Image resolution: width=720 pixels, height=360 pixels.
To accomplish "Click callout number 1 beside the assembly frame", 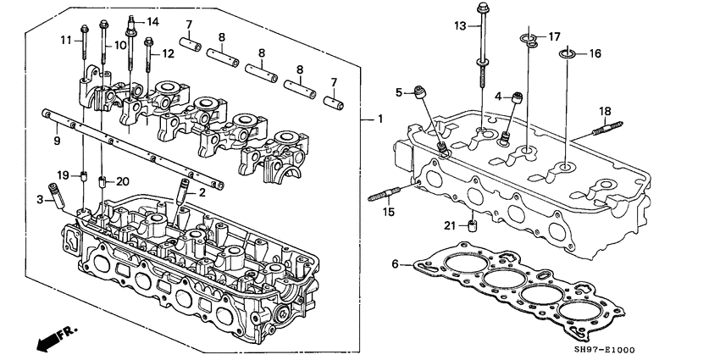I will tap(380, 119).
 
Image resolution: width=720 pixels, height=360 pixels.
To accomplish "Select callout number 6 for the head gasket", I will tap(395, 265).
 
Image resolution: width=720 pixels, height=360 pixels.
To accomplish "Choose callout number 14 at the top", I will tap(152, 21).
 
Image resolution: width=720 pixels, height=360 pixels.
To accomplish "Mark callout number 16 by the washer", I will tap(595, 54).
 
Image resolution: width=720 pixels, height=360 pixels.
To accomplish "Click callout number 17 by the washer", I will tap(554, 36).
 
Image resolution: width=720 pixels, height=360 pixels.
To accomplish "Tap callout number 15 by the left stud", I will tap(388, 211).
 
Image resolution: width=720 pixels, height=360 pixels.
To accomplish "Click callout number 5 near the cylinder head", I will tap(398, 91).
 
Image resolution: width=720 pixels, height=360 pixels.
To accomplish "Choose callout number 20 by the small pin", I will tap(122, 180).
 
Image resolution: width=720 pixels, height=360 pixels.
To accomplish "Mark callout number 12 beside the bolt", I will tap(168, 54).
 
